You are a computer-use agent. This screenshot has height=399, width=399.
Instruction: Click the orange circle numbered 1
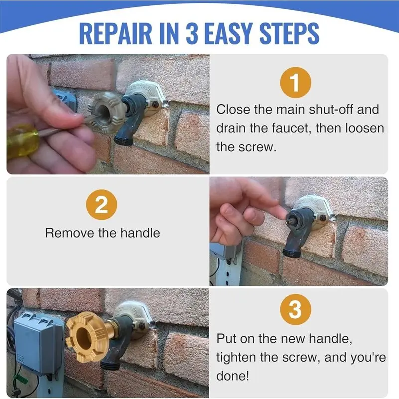[x=295, y=83]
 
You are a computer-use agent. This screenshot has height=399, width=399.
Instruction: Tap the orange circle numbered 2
[x=102, y=205]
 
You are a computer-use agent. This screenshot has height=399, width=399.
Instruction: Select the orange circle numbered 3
[x=295, y=309]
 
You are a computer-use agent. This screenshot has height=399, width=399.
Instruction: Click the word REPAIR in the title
[x=115, y=34]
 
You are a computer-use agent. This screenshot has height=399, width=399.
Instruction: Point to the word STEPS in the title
[x=289, y=34]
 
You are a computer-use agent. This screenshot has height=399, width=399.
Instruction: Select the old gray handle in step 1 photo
[x=107, y=111]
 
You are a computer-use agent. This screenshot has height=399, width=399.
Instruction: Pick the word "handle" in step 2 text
[x=140, y=233]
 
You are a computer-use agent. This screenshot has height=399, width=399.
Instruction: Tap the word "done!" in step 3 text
[x=232, y=376]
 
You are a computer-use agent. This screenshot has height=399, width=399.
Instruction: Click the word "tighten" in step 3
[x=236, y=357]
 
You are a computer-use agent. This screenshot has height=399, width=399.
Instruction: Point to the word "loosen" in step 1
[x=364, y=128]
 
